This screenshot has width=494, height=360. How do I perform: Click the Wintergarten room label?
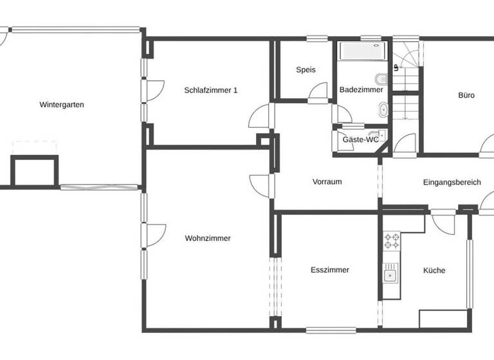[x=62, y=105]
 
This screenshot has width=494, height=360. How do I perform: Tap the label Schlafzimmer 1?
[x=210, y=91]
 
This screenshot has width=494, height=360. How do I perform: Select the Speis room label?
[x=306, y=70]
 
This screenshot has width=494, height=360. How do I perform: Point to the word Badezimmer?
[x=361, y=90]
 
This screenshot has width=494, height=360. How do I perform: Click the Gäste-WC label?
[x=360, y=139]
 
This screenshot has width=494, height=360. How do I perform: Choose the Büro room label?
[x=466, y=95]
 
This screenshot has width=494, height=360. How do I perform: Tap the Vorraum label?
[x=327, y=182]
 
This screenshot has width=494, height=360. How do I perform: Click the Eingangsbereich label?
[x=452, y=183]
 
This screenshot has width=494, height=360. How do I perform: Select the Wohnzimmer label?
[x=208, y=239]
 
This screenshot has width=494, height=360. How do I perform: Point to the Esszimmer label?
[x=329, y=271]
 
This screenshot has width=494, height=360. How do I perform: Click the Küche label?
[x=434, y=271]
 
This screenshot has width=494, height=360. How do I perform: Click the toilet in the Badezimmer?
[x=382, y=80]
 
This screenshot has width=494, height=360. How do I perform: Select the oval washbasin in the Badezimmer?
[x=383, y=110]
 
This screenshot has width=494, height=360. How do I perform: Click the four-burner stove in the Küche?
[x=391, y=241]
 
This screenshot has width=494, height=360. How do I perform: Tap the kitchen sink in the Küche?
[x=390, y=276]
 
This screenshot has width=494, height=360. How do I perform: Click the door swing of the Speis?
[x=318, y=93]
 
